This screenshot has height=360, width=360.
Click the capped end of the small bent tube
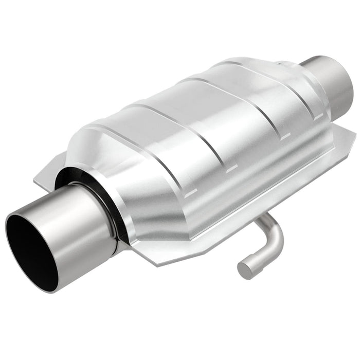pyautogui.click(x=243, y=268)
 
